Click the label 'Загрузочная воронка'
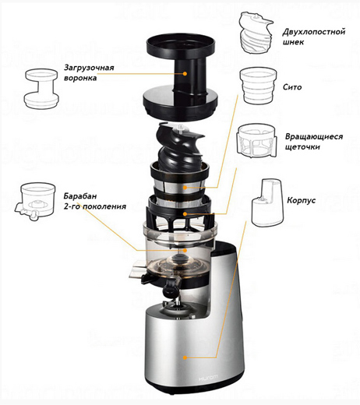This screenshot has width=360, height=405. point(89,72)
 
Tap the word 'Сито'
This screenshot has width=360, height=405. point(292,87)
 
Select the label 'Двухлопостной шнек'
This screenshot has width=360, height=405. point(314,37)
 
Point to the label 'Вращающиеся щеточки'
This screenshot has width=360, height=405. point(314,142)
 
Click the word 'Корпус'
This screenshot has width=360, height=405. point(302,200)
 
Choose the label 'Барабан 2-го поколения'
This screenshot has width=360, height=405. point(95,201)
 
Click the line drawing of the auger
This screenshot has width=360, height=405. point(256,33)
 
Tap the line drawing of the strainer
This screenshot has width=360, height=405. point(258,86)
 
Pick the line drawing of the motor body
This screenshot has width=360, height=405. point(267,202)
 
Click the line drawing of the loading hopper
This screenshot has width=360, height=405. point(41,89)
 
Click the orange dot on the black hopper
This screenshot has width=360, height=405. point(185,74)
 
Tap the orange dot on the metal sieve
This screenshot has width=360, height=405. point(185,188)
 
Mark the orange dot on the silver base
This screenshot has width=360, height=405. point(185,357)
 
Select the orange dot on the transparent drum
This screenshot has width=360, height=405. point(185,250)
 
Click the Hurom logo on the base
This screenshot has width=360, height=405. point(208,378)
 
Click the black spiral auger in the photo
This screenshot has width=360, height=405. point(178,148)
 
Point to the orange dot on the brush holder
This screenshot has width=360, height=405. point(185,213)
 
